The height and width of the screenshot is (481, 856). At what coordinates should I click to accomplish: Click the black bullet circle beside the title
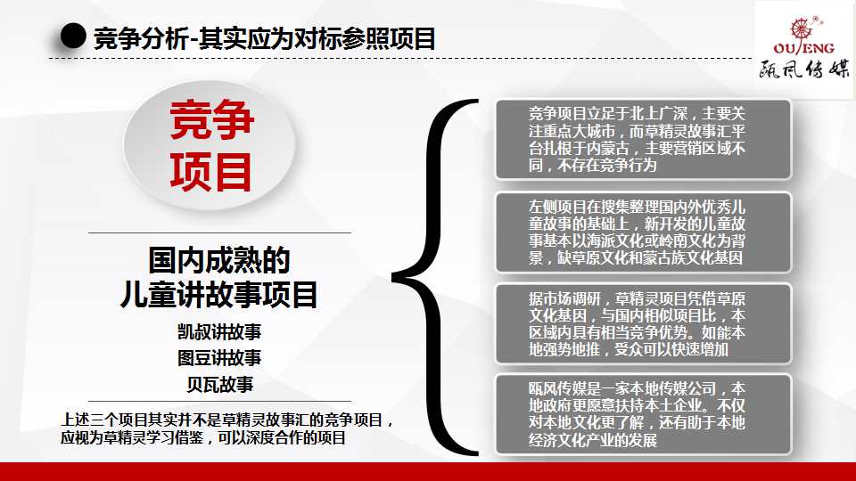pyautogui.click(x=73, y=37)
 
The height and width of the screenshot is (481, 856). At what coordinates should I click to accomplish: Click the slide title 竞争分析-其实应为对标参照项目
pyautogui.click(x=265, y=38)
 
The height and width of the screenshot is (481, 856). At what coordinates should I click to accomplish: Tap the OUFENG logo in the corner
pyautogui.click(x=803, y=36)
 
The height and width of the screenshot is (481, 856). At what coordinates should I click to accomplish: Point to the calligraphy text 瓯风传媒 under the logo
pyautogui.click(x=804, y=69)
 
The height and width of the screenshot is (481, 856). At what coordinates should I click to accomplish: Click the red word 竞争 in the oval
pyautogui.click(x=211, y=119)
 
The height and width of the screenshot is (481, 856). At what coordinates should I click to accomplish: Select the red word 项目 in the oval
pyautogui.click(x=210, y=172)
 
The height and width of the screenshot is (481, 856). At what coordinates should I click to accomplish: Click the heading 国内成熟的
pyautogui.click(x=219, y=260)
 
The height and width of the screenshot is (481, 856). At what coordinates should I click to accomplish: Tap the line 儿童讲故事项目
pyautogui.click(x=219, y=295)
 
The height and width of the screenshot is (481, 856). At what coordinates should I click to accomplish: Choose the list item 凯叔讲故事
pyautogui.click(x=219, y=331)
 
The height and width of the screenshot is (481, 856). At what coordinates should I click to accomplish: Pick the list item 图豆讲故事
pyautogui.click(x=219, y=358)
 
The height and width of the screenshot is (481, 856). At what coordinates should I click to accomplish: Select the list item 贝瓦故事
pyautogui.click(x=219, y=385)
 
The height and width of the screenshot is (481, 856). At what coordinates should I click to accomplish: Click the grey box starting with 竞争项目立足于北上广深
pyautogui.click(x=643, y=140)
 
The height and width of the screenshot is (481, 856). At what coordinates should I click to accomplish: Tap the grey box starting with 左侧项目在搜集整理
pyautogui.click(x=643, y=232)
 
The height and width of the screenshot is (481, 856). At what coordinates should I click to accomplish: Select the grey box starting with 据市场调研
pyautogui.click(x=643, y=324)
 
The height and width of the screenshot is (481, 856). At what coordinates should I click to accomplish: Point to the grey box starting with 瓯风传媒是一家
pyautogui.click(x=643, y=414)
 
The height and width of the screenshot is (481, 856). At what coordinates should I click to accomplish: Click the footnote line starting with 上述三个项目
pyautogui.click(x=227, y=420)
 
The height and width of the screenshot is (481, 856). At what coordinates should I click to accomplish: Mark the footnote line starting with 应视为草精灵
pyautogui.click(x=203, y=437)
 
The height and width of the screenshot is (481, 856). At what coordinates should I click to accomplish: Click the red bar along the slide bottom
pyautogui.click(x=428, y=472)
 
